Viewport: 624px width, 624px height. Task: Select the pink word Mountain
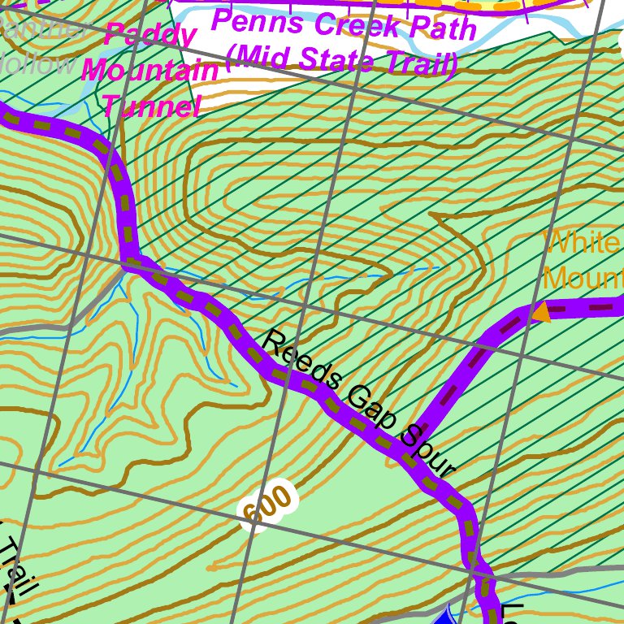coord(151,71)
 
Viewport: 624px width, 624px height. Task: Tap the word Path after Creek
coord(442,30)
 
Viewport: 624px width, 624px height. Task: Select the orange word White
coord(583,243)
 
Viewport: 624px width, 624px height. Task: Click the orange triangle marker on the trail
coord(540,311)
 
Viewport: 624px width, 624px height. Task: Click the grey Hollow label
coord(28,63)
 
